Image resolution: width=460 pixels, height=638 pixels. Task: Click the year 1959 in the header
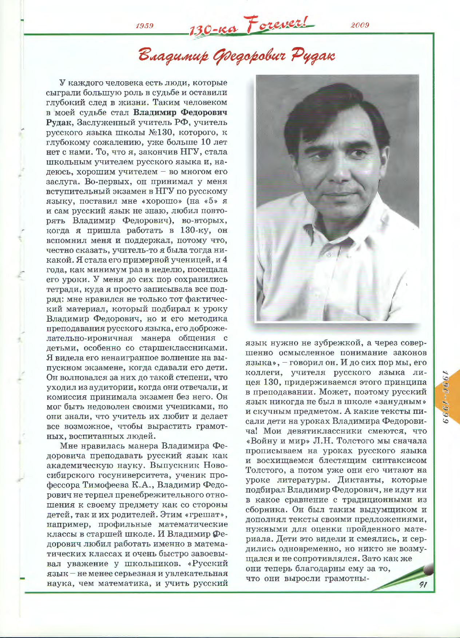click(144, 26)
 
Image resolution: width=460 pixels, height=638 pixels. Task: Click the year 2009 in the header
click(360, 25)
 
